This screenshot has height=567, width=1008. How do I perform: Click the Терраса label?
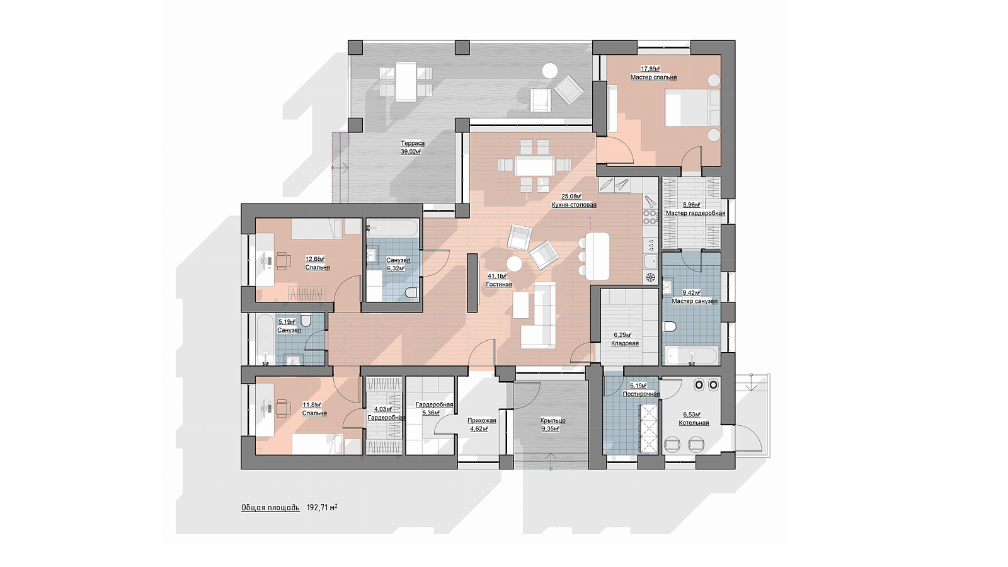[x=413, y=143]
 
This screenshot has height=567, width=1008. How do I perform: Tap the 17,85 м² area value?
[x=650, y=69]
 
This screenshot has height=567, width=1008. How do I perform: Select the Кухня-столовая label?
[x=574, y=205]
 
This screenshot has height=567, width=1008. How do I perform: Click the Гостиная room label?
[x=499, y=284]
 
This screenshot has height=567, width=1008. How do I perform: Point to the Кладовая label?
[x=624, y=343]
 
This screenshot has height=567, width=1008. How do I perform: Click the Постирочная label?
[x=641, y=394]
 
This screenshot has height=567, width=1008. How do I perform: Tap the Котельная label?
[x=694, y=423]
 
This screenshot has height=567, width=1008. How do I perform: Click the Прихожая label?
[x=481, y=421]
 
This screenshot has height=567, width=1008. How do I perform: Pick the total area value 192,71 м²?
[x=322, y=508]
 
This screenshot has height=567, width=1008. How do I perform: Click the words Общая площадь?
[x=270, y=508]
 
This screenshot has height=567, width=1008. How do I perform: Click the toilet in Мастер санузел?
[x=670, y=327]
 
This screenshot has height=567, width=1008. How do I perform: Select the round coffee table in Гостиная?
[x=514, y=264]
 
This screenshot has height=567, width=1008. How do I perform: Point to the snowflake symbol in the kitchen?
[x=651, y=277]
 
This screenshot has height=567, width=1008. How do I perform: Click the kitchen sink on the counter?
[x=651, y=261]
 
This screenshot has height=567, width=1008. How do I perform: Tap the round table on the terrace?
[x=549, y=70]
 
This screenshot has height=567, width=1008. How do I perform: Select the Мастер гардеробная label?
[x=696, y=214]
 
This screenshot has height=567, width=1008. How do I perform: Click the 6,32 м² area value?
[x=396, y=268]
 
